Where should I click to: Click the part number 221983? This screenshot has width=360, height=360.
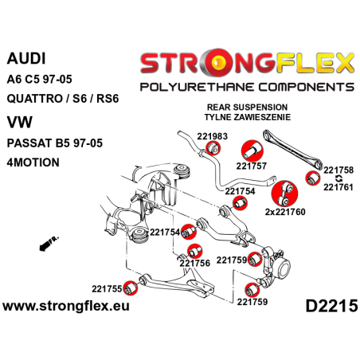tap(195, 136)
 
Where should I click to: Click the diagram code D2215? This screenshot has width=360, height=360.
tap(327, 307)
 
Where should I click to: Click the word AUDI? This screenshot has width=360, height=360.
tap(26, 58)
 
